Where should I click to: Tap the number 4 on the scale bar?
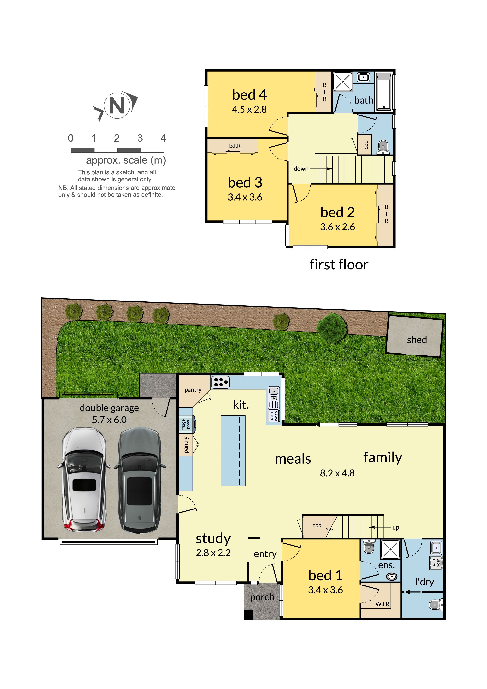(163, 138)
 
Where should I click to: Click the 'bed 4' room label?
(249, 95)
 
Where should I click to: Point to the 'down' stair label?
(301, 169)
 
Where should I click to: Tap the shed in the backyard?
(414, 338)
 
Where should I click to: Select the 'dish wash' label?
(274, 416)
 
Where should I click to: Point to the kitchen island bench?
(233, 450)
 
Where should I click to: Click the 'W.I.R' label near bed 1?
(382, 604)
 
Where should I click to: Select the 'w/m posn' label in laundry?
(436, 563)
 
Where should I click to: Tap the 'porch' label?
(262, 597)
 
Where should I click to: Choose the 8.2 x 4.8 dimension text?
(337, 473)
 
